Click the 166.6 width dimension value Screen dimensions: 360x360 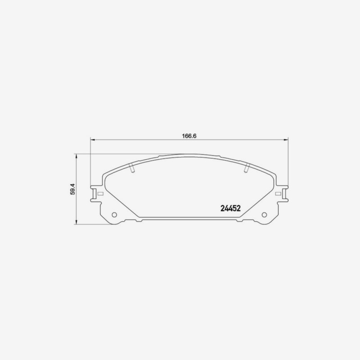[x=189, y=136]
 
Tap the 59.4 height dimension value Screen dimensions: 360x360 [x=72, y=189]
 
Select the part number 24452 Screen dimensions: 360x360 [x=230, y=208]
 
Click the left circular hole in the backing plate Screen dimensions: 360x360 [x=114, y=215]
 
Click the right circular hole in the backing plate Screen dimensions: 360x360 [x=264, y=215]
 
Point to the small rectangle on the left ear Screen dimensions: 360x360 [x=100, y=193]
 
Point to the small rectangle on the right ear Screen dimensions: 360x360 [x=278, y=193]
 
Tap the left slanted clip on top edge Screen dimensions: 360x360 [x=132, y=168]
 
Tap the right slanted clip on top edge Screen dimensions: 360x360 [x=247, y=168]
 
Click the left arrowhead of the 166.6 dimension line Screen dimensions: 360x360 [x=93, y=139]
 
